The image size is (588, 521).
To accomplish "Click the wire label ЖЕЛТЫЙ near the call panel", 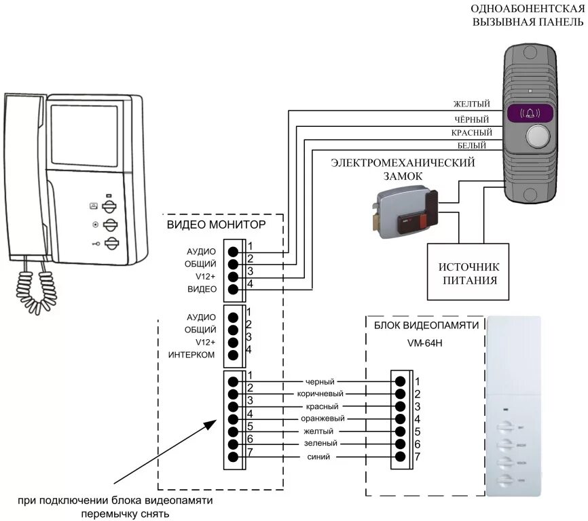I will pos(472,104).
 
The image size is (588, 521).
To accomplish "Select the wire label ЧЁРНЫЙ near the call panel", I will pos(472,119).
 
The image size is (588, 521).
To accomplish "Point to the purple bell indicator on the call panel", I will pos(530,113).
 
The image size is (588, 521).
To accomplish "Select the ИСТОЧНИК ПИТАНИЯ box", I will pos(468,273).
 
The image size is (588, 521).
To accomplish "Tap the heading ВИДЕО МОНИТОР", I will pos(216,223).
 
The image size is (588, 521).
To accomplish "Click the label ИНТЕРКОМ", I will pos(191,355).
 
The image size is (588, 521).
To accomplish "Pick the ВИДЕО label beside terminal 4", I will pos(202,290).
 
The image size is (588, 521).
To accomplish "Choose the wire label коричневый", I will pos(320,393).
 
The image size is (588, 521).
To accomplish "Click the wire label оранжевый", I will pos(322,419).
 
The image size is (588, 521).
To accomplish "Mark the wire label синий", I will pos(318,457).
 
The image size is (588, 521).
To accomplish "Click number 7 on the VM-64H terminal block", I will pos(418,457).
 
